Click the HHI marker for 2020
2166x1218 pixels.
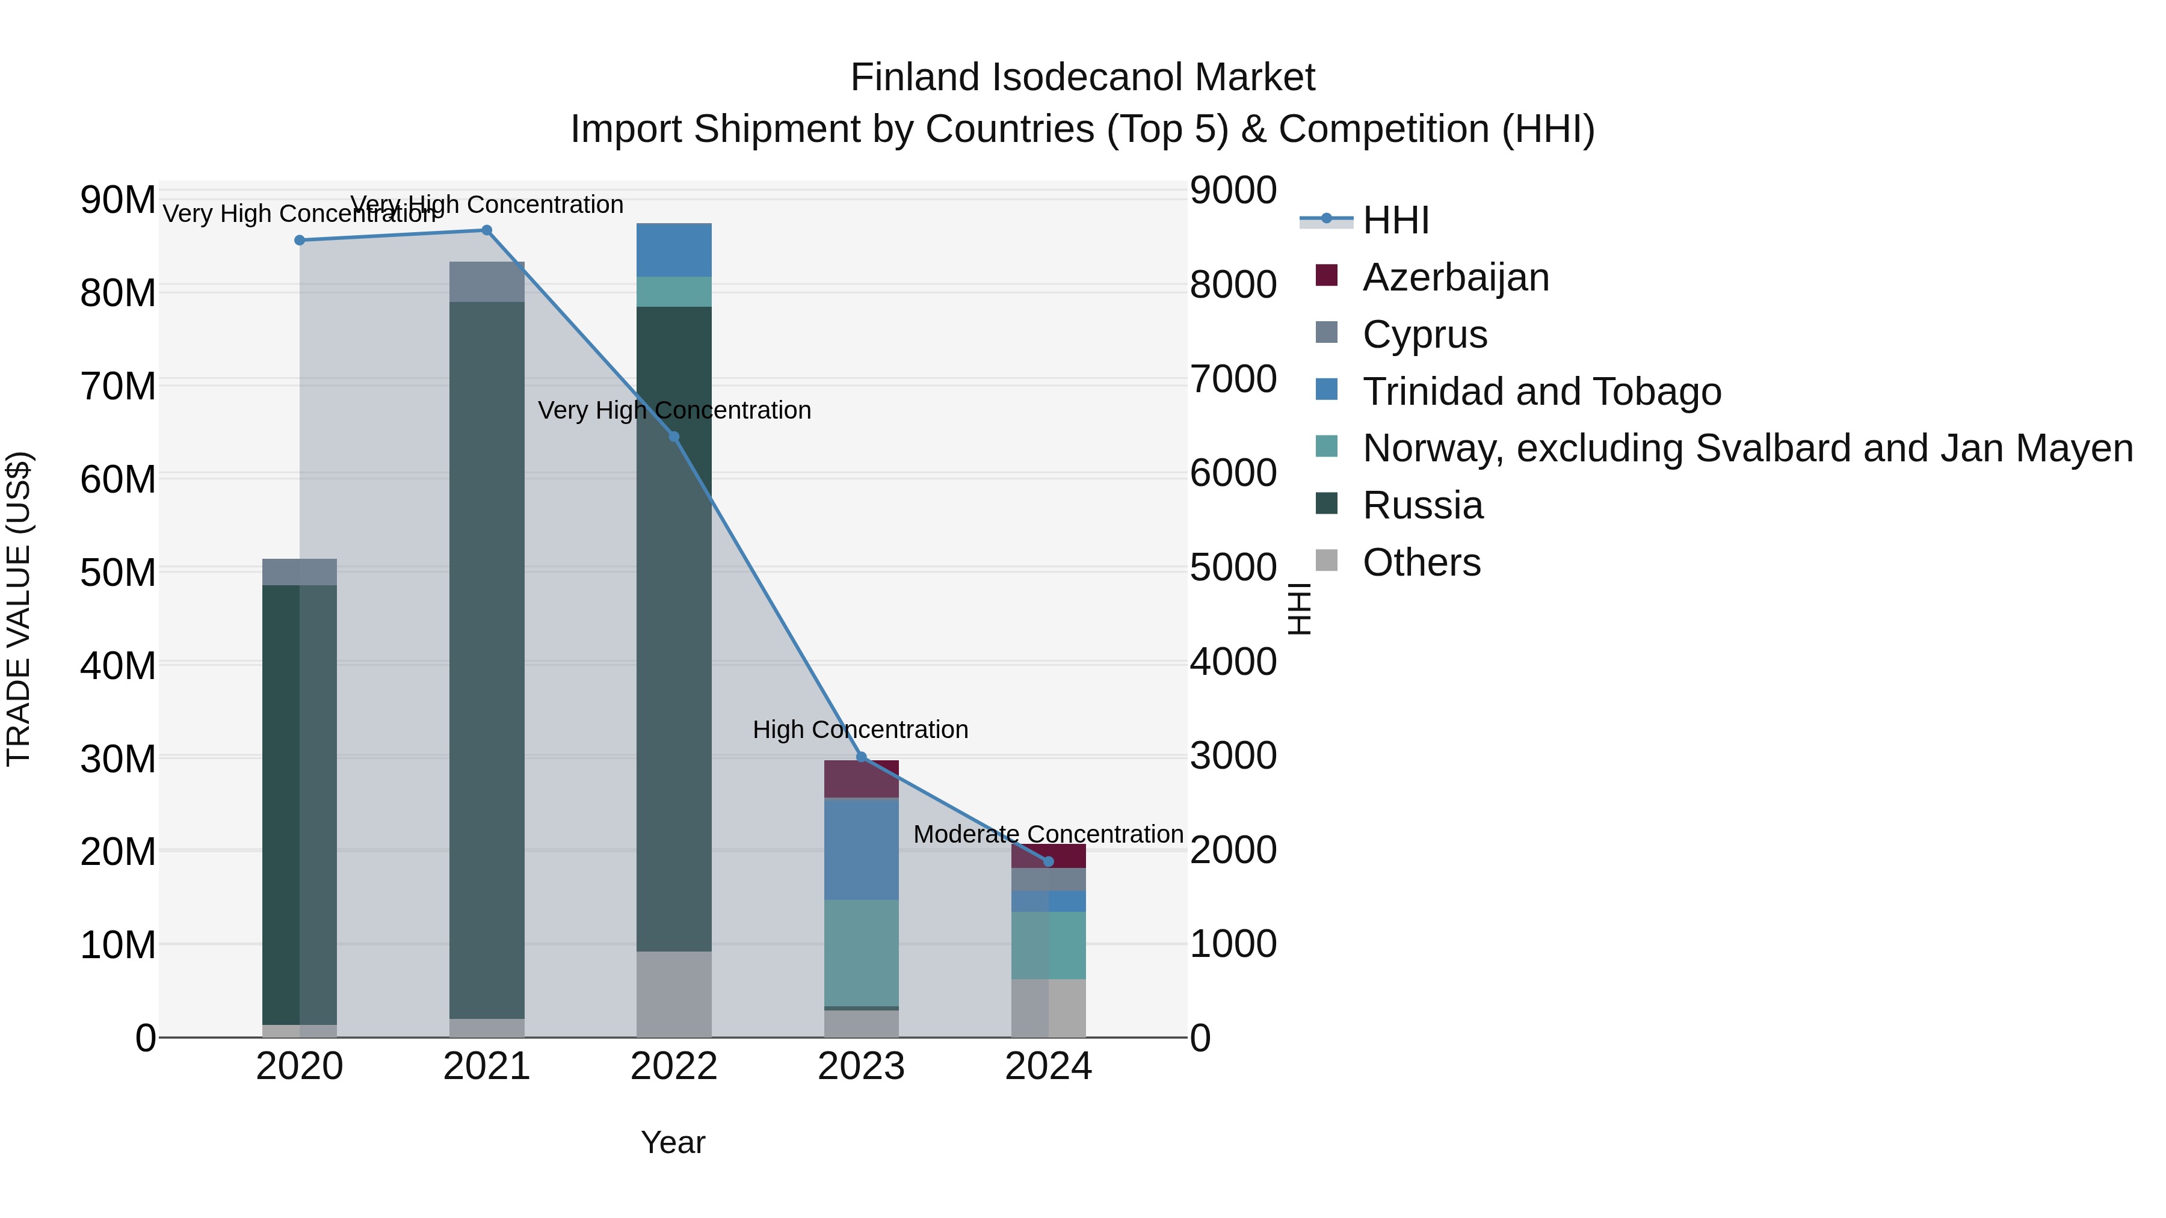[300, 241]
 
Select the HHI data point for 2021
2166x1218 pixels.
[487, 230]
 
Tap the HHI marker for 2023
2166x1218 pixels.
[861, 757]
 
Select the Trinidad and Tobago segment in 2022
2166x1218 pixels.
[673, 250]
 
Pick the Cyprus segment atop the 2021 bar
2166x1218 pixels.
[487, 281]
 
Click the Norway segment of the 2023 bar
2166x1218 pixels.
[861, 952]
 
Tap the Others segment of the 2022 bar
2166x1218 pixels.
[673, 994]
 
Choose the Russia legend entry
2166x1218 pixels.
[1423, 506]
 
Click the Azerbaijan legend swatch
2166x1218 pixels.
[1326, 275]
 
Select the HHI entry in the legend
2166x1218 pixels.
[1396, 220]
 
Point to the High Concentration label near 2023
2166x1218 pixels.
[860, 730]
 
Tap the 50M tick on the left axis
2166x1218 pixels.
[118, 573]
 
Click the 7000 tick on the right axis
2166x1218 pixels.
[1233, 379]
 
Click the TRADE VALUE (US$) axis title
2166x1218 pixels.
[19, 609]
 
